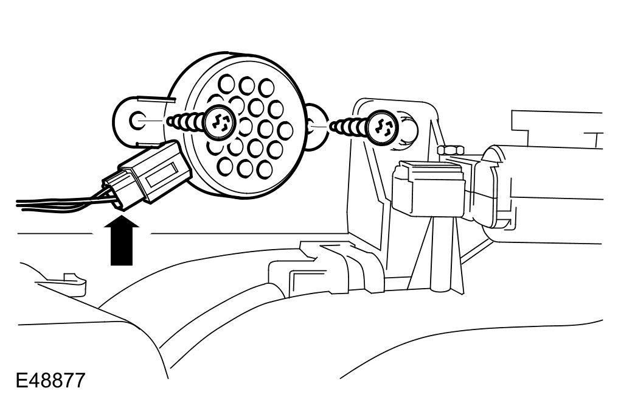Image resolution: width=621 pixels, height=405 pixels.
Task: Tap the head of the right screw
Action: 384,126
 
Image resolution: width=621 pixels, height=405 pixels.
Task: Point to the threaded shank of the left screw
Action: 186,122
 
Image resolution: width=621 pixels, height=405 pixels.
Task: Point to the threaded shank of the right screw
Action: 350,126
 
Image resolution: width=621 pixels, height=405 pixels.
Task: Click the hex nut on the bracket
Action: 450,150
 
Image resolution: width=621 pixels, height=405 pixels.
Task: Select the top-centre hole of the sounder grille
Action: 246,85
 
